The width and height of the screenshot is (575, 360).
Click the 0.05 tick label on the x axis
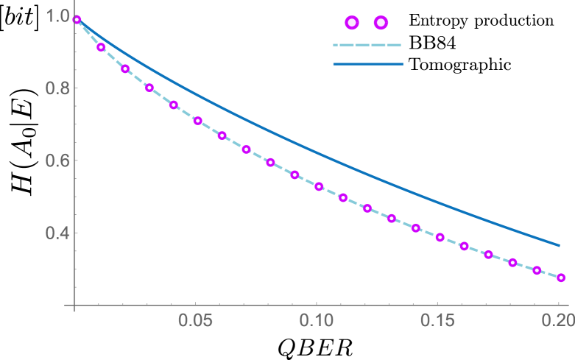[x=196, y=321]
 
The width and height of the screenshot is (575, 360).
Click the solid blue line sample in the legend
[x=367, y=64]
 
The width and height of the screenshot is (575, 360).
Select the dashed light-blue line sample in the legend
[x=367, y=45]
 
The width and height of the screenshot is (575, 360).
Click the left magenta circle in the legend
[x=352, y=23]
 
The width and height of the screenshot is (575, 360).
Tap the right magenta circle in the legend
[x=381, y=23]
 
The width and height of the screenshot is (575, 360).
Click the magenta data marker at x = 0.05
[x=197, y=120]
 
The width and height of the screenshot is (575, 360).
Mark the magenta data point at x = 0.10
[x=319, y=186]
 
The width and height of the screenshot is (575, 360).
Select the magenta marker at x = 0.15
[x=440, y=237]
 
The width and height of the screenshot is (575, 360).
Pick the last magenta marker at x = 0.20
[x=561, y=278]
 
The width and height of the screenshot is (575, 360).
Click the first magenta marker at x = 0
[x=77, y=20]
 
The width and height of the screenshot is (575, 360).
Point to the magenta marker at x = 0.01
[x=101, y=47]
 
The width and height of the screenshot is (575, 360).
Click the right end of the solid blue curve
[x=560, y=245]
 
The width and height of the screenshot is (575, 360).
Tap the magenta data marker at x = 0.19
[x=537, y=270]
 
